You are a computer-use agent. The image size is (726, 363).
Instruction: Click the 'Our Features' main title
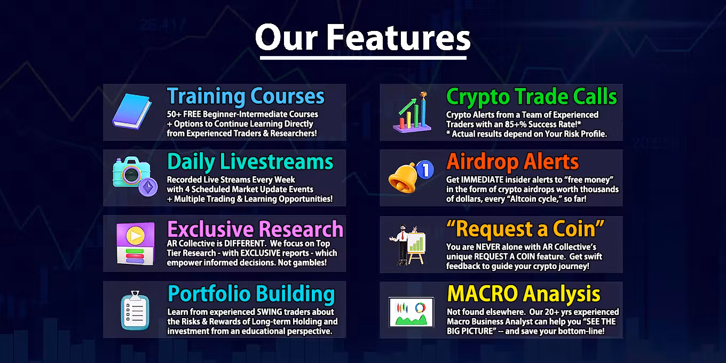pos(362,38)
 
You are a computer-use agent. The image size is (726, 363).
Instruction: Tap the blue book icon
pos(132,111)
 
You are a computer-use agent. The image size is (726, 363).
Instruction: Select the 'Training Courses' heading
pos(246,96)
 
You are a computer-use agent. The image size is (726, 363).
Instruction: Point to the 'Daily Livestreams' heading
pos(250,162)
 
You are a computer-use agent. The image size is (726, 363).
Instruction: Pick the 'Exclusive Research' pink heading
pos(255,229)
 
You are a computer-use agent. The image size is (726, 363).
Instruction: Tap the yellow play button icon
pos(136,235)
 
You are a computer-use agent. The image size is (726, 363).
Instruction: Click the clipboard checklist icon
pos(135,310)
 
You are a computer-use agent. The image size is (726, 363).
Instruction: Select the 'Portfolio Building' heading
pos(251,294)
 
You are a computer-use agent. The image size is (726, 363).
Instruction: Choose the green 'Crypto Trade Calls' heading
pos(532,97)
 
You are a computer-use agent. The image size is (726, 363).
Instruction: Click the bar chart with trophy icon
pos(412,113)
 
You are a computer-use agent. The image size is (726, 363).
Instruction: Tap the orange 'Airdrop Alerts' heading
pos(512,162)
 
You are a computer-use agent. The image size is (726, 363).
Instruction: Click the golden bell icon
pos(403,178)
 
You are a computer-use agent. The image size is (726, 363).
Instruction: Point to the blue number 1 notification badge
pos(425,169)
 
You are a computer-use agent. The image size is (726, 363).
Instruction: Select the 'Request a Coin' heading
pos(525,228)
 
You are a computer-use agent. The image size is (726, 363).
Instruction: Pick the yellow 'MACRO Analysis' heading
pos(524,294)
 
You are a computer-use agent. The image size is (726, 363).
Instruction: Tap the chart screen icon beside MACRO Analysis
pos(411,312)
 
